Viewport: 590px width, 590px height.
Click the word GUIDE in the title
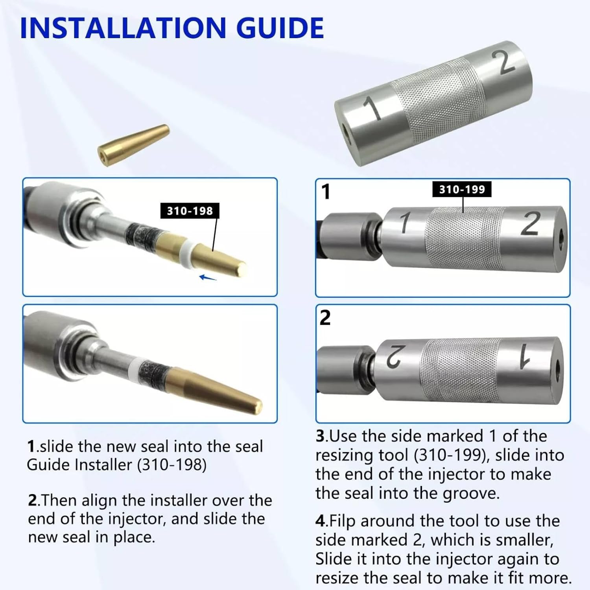(x=280, y=28)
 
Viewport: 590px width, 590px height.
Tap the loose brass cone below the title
(x=134, y=145)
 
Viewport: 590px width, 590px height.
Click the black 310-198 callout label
(x=190, y=211)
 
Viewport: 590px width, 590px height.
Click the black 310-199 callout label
(x=462, y=189)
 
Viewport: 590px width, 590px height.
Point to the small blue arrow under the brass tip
(x=208, y=278)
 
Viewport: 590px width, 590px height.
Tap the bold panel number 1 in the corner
(x=326, y=192)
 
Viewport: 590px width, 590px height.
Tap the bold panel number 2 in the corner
(x=325, y=318)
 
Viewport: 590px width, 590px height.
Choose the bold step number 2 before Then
(x=33, y=501)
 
